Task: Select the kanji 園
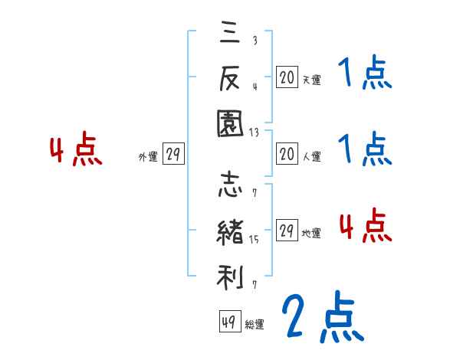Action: (x=230, y=123)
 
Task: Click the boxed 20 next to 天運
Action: (x=287, y=77)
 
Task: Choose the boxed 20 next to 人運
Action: (x=287, y=155)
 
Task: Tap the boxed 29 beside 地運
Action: (x=287, y=231)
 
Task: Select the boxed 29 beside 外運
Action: (x=173, y=155)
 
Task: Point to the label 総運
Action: (x=255, y=325)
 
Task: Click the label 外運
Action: (x=148, y=157)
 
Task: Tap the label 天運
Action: (x=311, y=79)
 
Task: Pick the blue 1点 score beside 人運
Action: (x=365, y=149)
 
